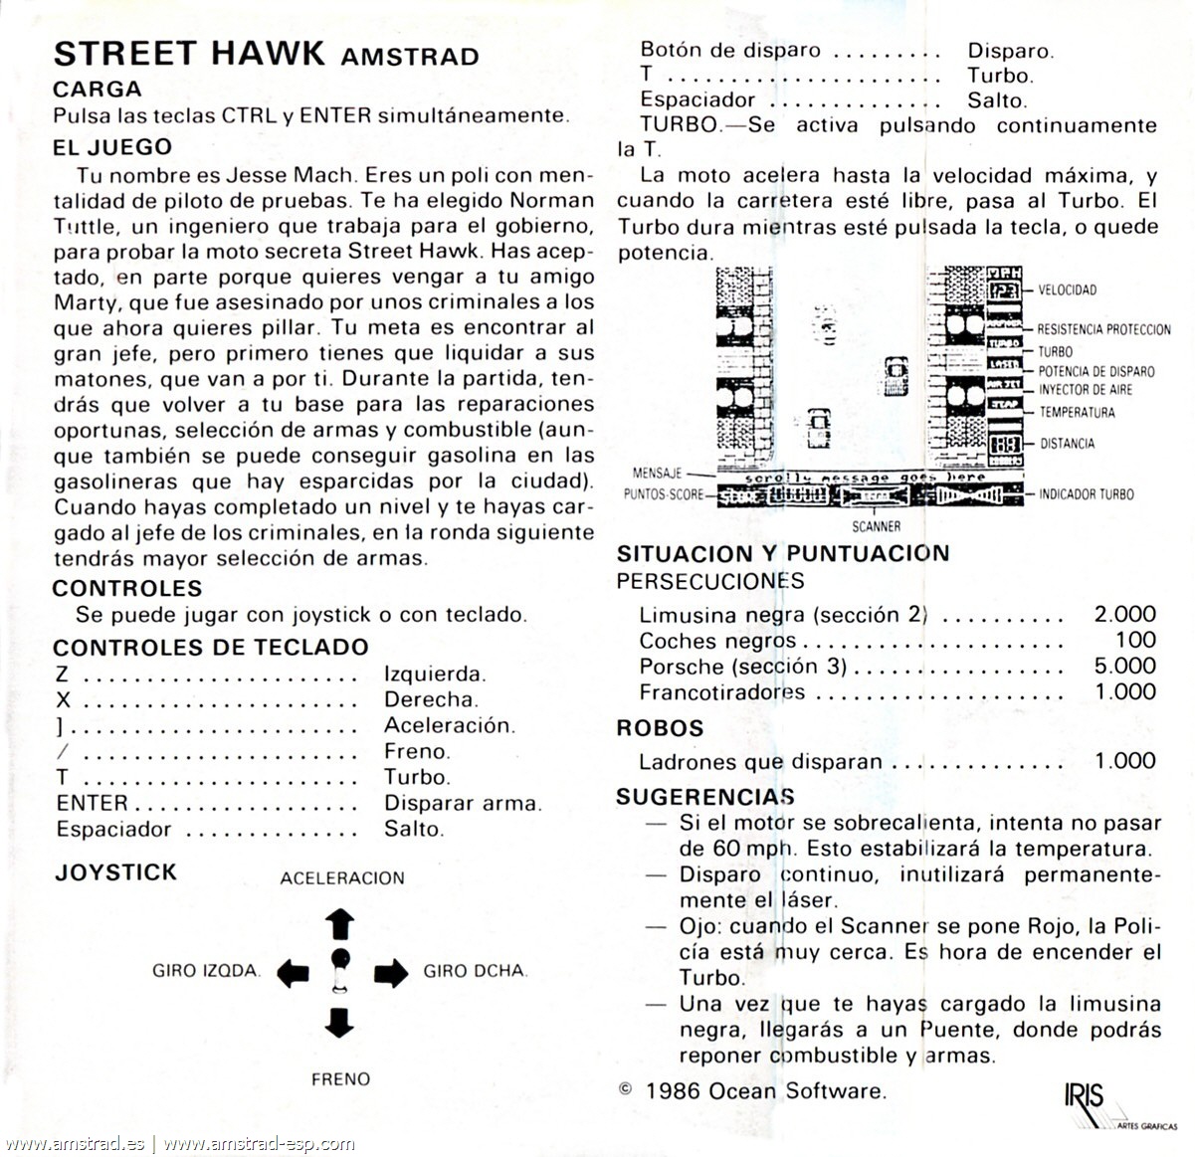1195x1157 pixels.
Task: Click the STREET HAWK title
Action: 189,53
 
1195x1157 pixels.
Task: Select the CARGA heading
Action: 98,89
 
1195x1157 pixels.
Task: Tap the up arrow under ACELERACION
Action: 340,924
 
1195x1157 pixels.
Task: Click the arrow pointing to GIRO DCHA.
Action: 390,972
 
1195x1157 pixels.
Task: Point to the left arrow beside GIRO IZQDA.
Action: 293,972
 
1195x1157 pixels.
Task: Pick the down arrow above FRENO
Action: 340,1022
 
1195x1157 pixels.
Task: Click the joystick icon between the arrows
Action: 340,970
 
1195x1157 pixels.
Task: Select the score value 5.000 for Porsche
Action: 1124,666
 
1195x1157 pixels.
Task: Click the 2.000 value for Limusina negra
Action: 1124,614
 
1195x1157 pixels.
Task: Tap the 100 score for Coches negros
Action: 1135,640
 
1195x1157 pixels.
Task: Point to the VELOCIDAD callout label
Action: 1067,290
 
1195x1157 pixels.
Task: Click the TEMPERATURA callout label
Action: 1077,412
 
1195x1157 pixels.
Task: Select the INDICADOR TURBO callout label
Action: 1086,493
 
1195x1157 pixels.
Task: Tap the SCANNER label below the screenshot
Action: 876,526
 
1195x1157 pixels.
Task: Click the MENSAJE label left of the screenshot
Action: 657,473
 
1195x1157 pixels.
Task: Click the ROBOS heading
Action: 660,728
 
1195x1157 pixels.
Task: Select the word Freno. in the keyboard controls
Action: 417,751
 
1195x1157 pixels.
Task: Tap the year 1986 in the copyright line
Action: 672,1090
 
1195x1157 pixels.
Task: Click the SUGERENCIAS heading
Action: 704,797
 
